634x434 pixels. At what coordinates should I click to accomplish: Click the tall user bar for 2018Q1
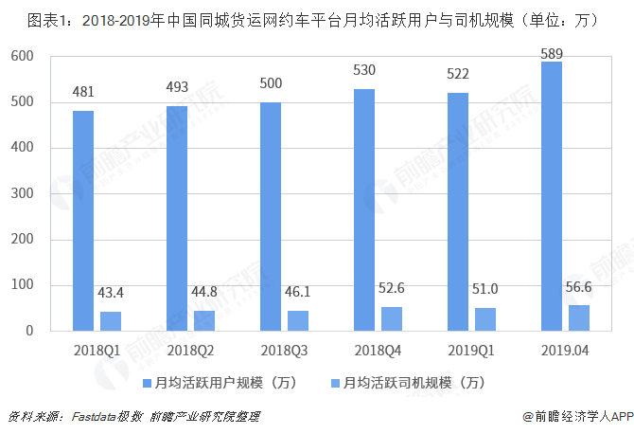83,221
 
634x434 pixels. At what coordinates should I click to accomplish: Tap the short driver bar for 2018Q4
392,318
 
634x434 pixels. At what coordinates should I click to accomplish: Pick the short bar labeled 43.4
111,320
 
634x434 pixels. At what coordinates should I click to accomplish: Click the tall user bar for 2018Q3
270,216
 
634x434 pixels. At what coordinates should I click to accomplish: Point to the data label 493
177,88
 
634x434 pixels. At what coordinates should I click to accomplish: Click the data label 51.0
485,291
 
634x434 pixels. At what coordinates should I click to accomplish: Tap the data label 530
363,72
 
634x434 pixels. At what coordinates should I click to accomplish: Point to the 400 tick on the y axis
22,149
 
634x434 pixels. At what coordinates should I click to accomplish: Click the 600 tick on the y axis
22,57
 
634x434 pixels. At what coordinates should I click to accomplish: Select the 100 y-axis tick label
22,285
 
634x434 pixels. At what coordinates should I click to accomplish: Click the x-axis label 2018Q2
190,351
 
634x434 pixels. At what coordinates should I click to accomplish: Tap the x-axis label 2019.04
564,351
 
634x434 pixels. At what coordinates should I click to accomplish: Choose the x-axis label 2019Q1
470,351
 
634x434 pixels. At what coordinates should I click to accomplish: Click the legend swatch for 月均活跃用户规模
147,384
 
